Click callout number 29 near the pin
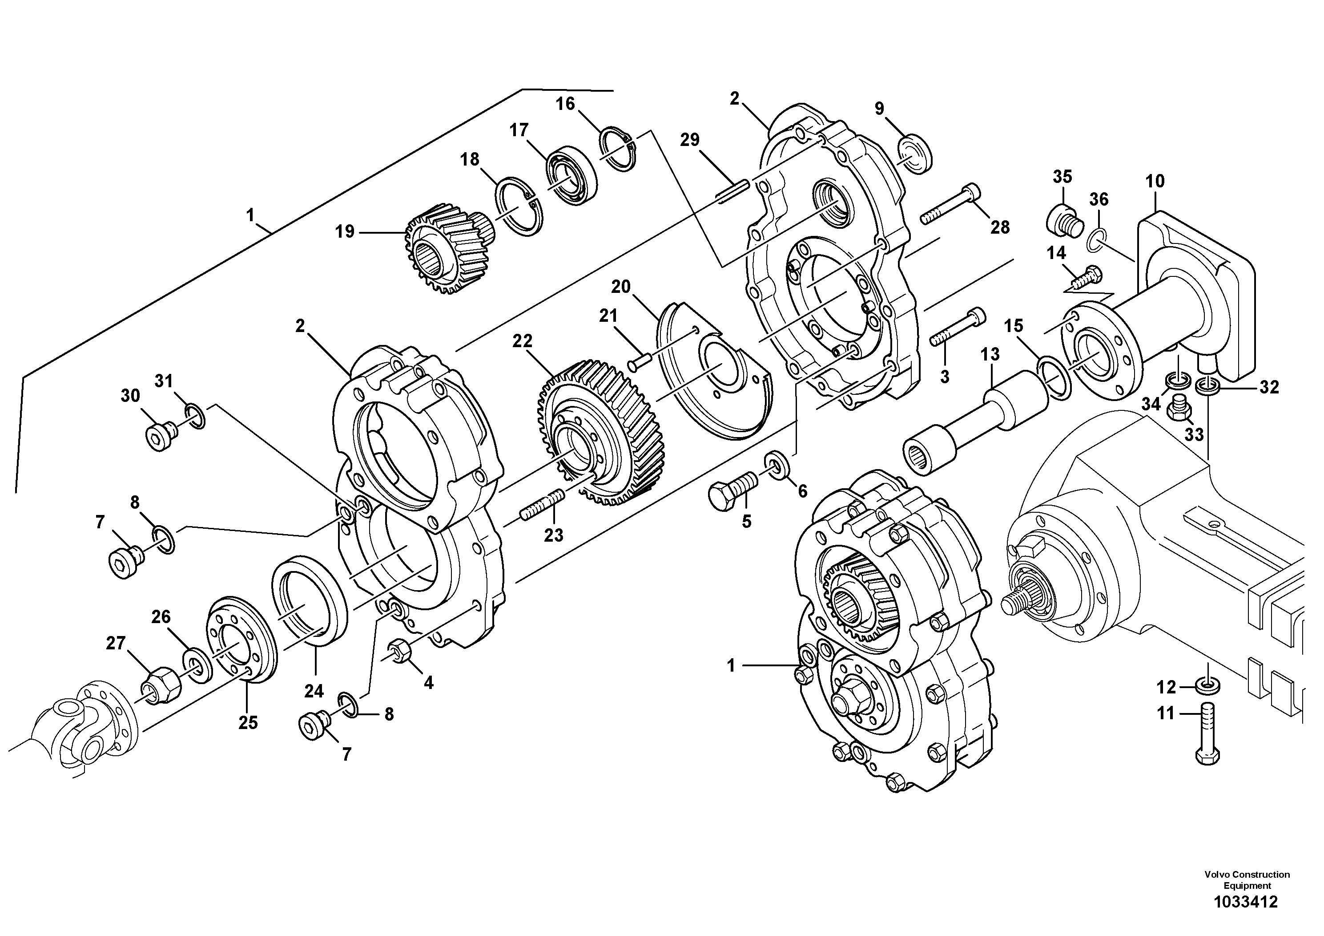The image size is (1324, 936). pyautogui.click(x=690, y=140)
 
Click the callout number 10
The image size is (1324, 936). pyautogui.click(x=1155, y=182)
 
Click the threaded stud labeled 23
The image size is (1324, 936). pyautogui.click(x=542, y=504)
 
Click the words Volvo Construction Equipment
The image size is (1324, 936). pyautogui.click(x=1247, y=880)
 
